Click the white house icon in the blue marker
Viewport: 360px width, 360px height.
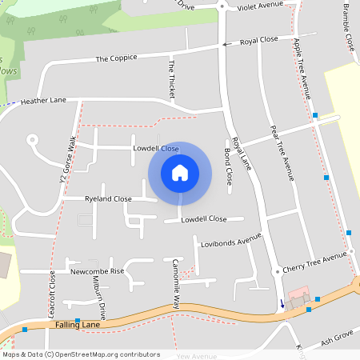click(x=180, y=173)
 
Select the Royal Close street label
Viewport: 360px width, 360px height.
click(x=258, y=39)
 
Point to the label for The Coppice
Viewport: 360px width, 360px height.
click(x=116, y=58)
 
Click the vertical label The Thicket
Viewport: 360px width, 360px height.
click(x=170, y=78)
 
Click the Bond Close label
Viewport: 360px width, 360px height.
click(x=228, y=166)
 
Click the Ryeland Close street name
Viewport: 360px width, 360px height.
click(x=108, y=198)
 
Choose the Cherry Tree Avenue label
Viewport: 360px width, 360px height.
click(x=314, y=264)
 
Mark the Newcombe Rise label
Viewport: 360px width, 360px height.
click(x=98, y=271)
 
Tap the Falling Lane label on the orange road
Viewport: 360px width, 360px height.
click(x=78, y=325)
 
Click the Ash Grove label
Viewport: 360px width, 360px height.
click(x=337, y=340)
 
